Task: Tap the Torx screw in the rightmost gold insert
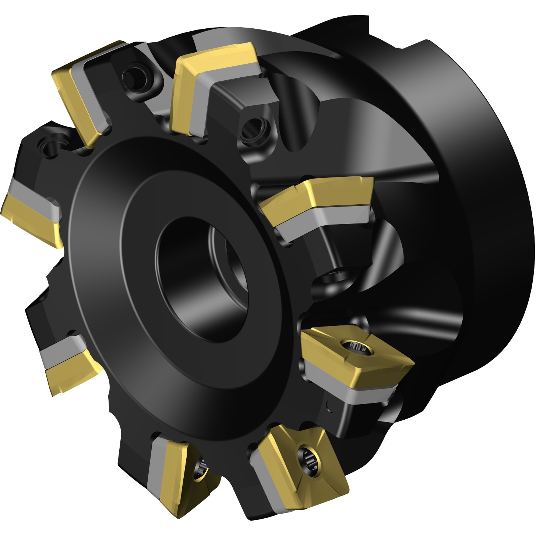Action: (x=356, y=348)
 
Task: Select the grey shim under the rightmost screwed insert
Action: (x=350, y=392)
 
